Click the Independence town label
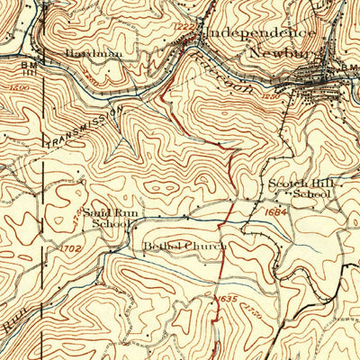260,32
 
